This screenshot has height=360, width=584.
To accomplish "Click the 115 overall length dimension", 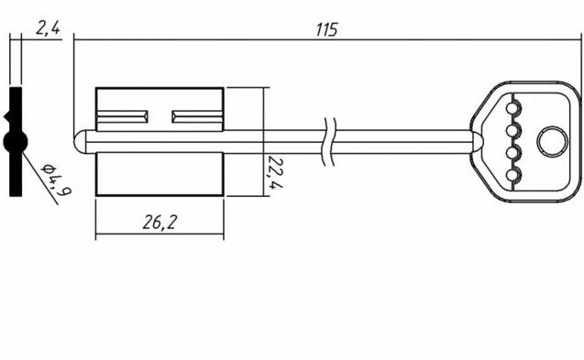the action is [x=326, y=30].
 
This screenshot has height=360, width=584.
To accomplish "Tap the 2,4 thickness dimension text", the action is [x=48, y=27].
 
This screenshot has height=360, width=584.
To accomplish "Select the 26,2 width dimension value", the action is [x=159, y=223].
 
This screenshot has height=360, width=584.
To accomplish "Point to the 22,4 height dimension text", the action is [x=275, y=172].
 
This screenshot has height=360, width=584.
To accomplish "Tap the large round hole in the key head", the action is [x=552, y=142].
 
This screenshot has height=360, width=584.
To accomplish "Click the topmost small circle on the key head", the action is [x=512, y=109].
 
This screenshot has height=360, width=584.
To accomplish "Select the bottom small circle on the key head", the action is [x=512, y=175].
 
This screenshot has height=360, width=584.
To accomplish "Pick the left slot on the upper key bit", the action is [x=122, y=116].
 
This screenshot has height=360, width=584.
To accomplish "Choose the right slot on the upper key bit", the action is [x=197, y=116].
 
